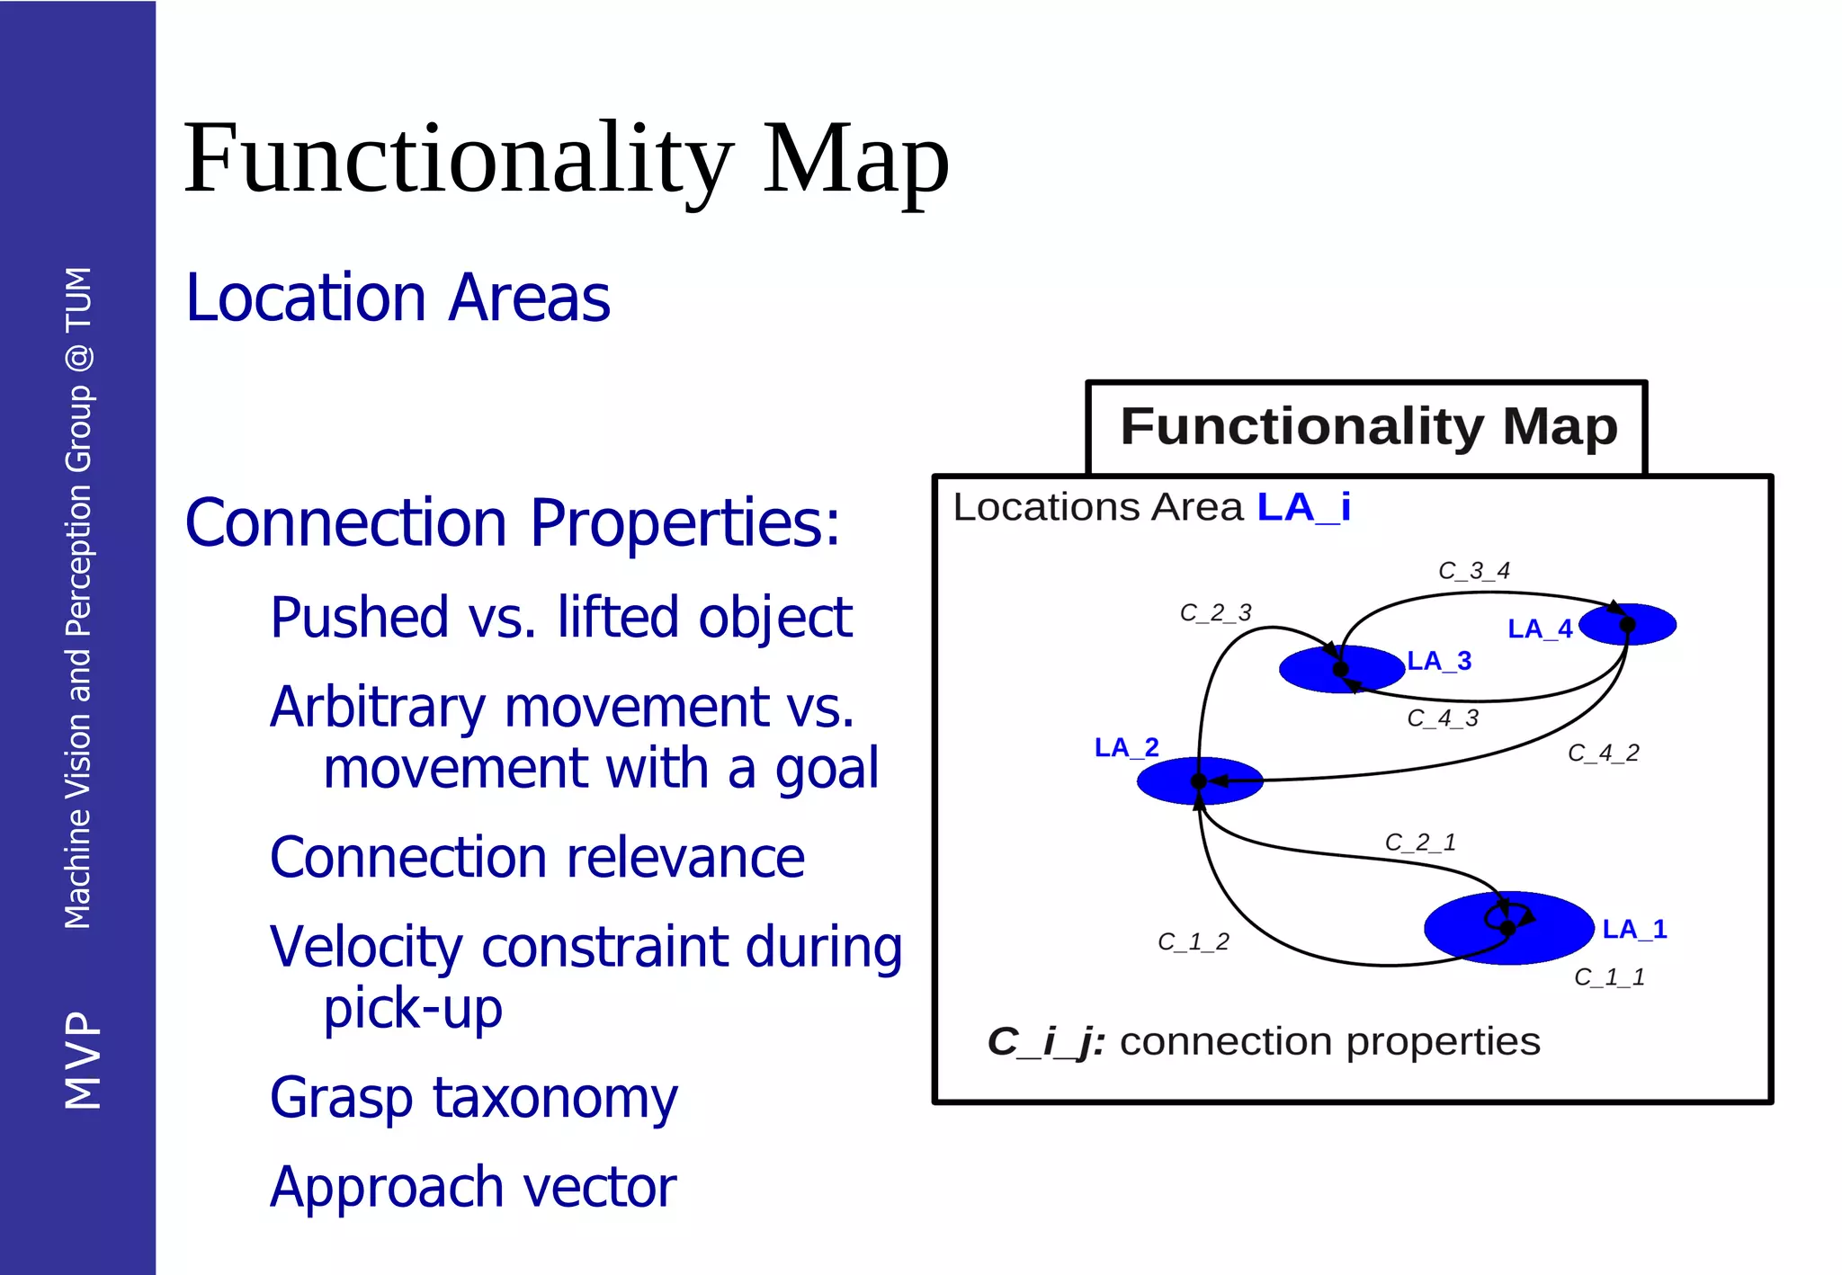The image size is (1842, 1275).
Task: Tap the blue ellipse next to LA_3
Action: pyautogui.click(x=1313, y=670)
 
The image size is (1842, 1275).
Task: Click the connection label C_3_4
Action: pyautogui.click(x=1473, y=571)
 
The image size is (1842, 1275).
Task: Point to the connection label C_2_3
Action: pyautogui.click(x=1215, y=613)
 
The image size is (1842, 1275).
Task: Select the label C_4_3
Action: pyautogui.click(x=1443, y=718)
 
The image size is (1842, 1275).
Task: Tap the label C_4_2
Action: pyautogui.click(x=1603, y=753)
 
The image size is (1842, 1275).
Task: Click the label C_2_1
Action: pyautogui.click(x=1419, y=843)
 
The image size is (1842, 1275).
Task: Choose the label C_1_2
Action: pyautogui.click(x=1193, y=942)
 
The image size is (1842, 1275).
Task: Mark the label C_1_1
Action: pyautogui.click(x=1609, y=977)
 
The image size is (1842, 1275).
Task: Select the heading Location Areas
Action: pyautogui.click(x=398, y=299)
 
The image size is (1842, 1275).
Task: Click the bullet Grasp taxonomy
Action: pyautogui.click(x=473, y=1099)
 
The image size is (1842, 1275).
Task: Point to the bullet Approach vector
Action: pyautogui.click(x=473, y=1188)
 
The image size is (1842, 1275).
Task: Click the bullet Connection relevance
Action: pyautogui.click(x=537, y=858)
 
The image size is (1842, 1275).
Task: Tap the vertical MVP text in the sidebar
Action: pyautogui.click(x=82, y=1060)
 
